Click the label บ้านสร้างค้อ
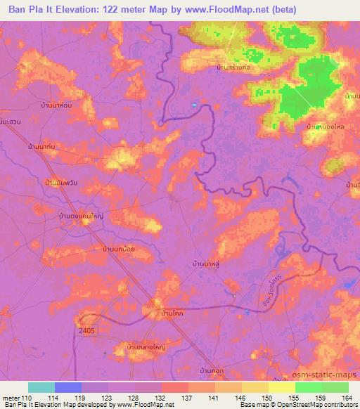(x=235, y=67)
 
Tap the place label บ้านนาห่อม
(x=56, y=105)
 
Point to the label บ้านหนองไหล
(x=325, y=126)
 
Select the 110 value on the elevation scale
(x=28, y=397)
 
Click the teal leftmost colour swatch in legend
(x=41, y=387)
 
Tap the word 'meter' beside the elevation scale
(x=11, y=397)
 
